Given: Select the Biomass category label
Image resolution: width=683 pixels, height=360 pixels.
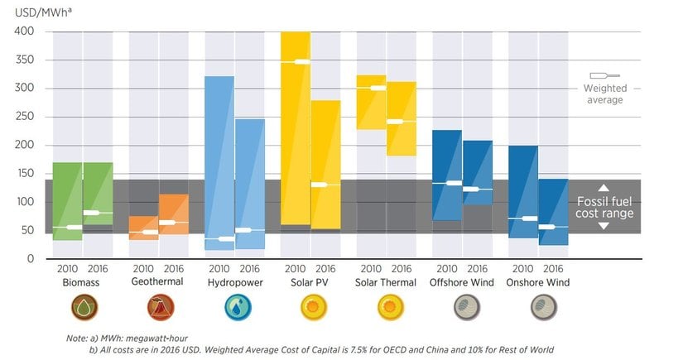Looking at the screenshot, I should point(81,282).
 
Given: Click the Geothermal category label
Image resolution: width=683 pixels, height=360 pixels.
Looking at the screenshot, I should point(157,282).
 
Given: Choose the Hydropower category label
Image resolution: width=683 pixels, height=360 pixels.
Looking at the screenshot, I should point(234,282).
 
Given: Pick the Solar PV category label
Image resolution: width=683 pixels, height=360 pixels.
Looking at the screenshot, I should point(310,282).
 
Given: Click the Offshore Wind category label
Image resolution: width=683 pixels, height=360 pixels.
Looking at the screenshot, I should point(462,282).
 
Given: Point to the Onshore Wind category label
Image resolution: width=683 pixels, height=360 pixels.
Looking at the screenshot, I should point(538,282).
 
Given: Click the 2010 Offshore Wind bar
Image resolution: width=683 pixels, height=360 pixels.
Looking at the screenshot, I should point(447,175).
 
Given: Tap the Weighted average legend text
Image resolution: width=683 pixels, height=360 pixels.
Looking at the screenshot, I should point(604,94).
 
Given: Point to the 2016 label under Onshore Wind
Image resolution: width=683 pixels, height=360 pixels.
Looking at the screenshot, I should point(554,269).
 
